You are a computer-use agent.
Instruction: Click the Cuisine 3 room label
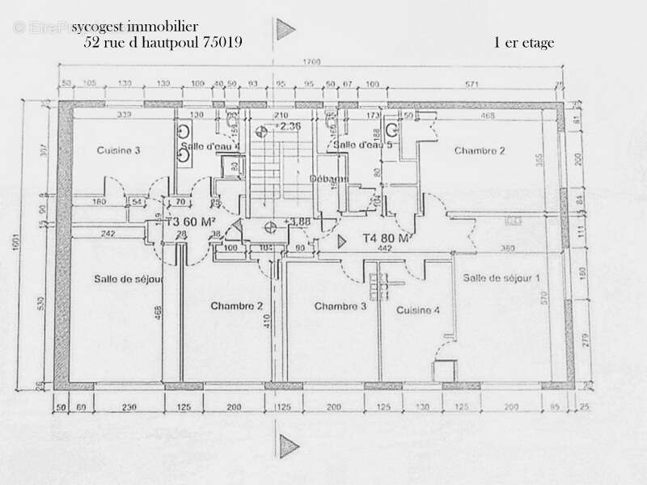tap(119, 150)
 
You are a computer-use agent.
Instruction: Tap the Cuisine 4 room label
tap(417, 310)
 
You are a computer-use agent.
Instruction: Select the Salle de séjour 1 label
tap(501, 278)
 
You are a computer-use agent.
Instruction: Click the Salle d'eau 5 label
tap(363, 145)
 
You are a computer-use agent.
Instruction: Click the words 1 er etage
tap(523, 44)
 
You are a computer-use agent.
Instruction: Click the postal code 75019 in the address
tap(223, 43)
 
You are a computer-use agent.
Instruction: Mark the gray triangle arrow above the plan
tap(285, 30)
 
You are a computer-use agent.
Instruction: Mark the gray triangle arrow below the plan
tap(285, 444)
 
